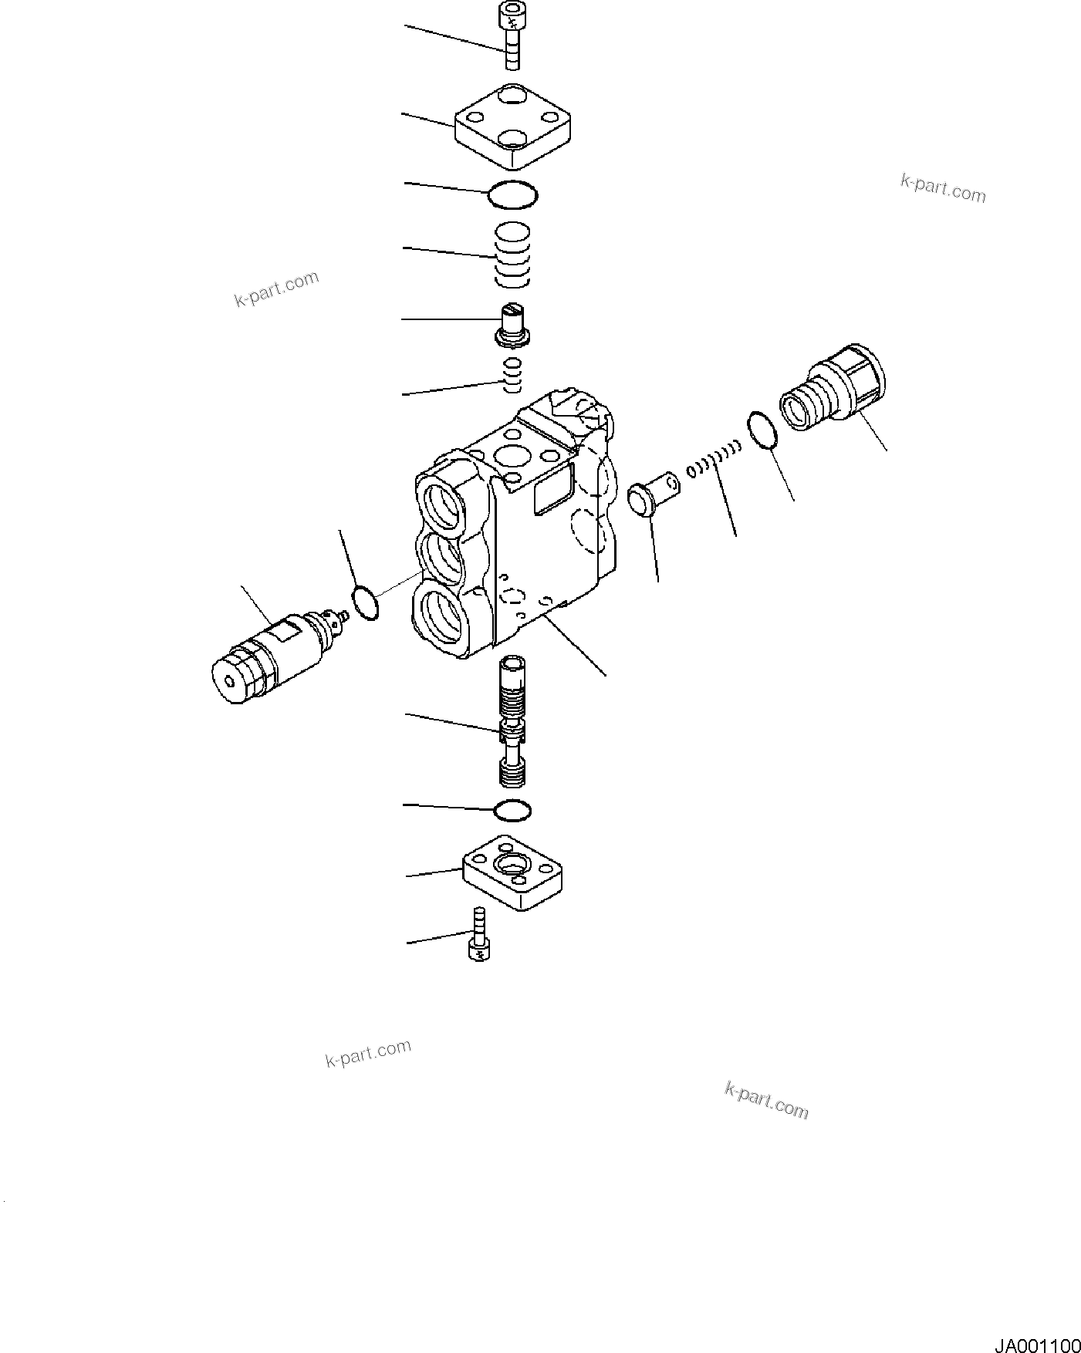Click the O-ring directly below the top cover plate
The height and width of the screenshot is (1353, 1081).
[x=512, y=195]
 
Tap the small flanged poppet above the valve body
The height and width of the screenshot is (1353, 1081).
[x=512, y=324]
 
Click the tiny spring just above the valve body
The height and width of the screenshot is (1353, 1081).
[x=513, y=374]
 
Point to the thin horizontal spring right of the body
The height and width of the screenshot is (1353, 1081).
[x=714, y=463]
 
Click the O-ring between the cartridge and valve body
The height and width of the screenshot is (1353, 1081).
[x=366, y=602]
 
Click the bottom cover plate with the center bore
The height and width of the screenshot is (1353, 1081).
[x=512, y=872]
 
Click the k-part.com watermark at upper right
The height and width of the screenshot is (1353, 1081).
[x=943, y=187]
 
